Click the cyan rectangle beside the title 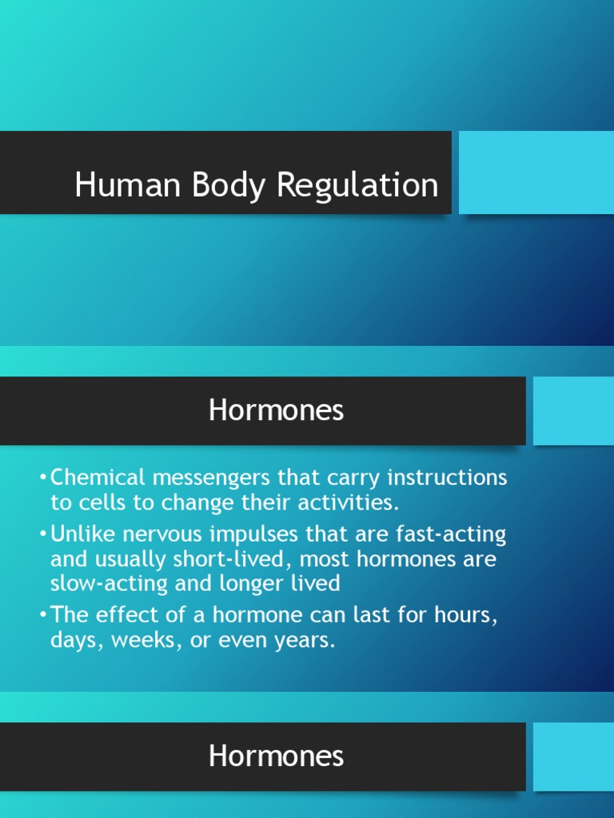tap(536, 173)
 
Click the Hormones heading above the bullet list tap(276, 411)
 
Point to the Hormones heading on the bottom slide tap(276, 756)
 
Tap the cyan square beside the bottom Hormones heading tap(573, 756)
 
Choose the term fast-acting tap(453, 533)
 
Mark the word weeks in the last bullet tap(146, 641)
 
